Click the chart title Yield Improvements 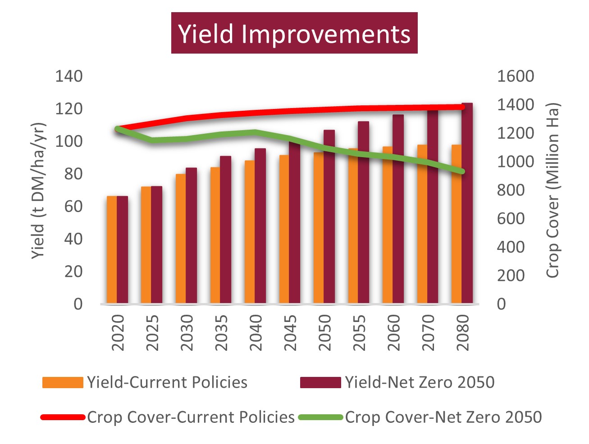point(294,33)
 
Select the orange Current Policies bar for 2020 point(112,250)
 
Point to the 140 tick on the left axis point(69,76)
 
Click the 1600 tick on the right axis point(515,76)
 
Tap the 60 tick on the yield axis point(73,206)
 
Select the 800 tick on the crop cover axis point(511,190)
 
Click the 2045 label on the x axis point(290,333)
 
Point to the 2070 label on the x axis point(428,333)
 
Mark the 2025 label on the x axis point(152,333)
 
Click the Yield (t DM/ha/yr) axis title point(39,190)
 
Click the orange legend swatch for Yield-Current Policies point(63,382)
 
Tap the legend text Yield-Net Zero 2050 point(420,382)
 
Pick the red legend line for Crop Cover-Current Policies point(63,417)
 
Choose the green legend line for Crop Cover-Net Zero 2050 point(320,417)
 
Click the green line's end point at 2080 point(461,172)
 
